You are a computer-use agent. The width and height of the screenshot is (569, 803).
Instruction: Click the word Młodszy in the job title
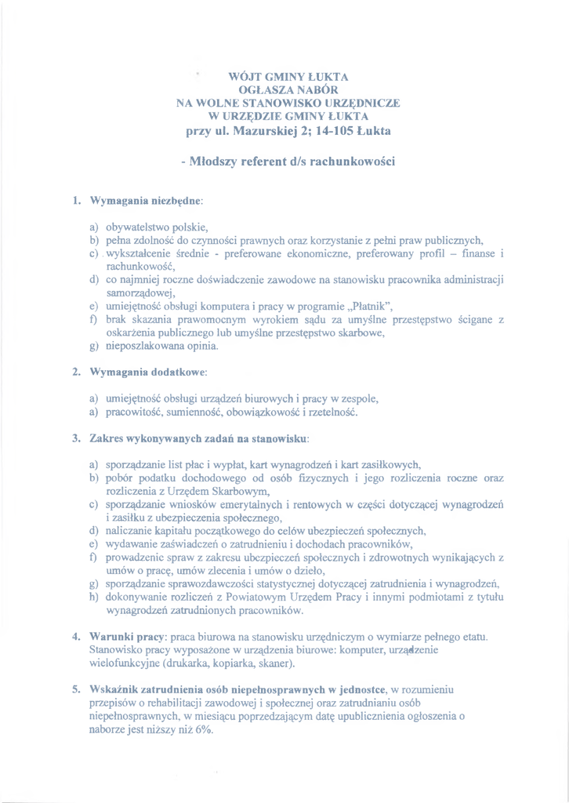point(221,162)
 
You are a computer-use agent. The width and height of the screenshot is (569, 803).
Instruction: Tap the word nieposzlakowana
point(146,344)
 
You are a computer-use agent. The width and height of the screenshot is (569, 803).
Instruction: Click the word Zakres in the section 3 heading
point(107,436)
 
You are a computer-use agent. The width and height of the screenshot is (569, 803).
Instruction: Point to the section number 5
point(77,689)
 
